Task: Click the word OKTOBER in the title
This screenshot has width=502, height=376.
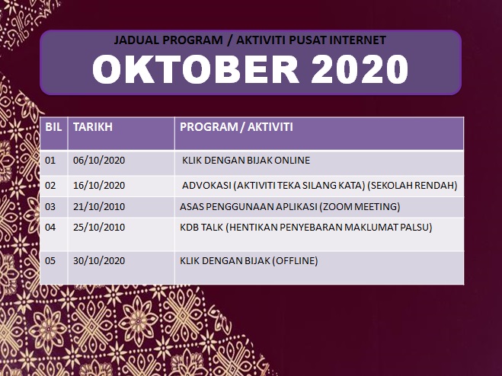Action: pyautogui.click(x=196, y=69)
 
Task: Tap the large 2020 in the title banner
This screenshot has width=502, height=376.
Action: pyautogui.click(x=360, y=69)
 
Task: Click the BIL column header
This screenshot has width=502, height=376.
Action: pyautogui.click(x=53, y=127)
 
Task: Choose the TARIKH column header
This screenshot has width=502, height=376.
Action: pyautogui.click(x=93, y=127)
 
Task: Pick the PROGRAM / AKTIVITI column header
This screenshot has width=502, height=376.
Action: pyautogui.click(x=236, y=127)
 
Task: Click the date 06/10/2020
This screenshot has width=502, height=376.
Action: pyautogui.click(x=99, y=160)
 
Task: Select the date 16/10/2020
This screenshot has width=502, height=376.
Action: pyautogui.click(x=99, y=185)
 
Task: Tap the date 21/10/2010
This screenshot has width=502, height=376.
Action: pyautogui.click(x=99, y=207)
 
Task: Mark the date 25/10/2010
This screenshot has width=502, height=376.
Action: pyautogui.click(x=99, y=228)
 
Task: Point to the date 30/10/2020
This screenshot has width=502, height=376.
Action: pyautogui.click(x=99, y=261)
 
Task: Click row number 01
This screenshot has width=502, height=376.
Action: pyautogui.click(x=50, y=160)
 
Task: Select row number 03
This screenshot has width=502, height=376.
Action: pyautogui.click(x=50, y=207)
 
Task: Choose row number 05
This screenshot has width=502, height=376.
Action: pyautogui.click(x=50, y=261)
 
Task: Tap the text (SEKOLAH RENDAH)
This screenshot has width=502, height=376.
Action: pyautogui.click(x=412, y=185)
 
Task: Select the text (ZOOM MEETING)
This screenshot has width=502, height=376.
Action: pyautogui.click(x=360, y=207)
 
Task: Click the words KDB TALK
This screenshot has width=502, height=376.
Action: pyautogui.click(x=201, y=228)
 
